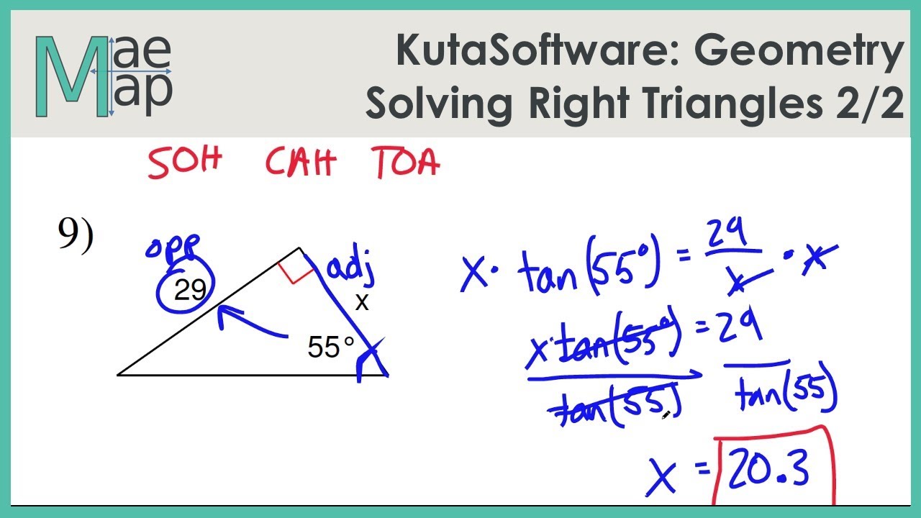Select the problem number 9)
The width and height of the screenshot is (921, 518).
point(76,236)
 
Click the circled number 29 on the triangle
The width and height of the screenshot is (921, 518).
point(190,290)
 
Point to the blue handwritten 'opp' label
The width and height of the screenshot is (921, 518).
point(173,248)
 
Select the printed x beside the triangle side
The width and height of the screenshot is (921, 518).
point(362,303)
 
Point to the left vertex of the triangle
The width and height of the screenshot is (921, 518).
point(119,374)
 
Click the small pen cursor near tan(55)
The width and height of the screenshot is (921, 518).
point(666,414)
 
